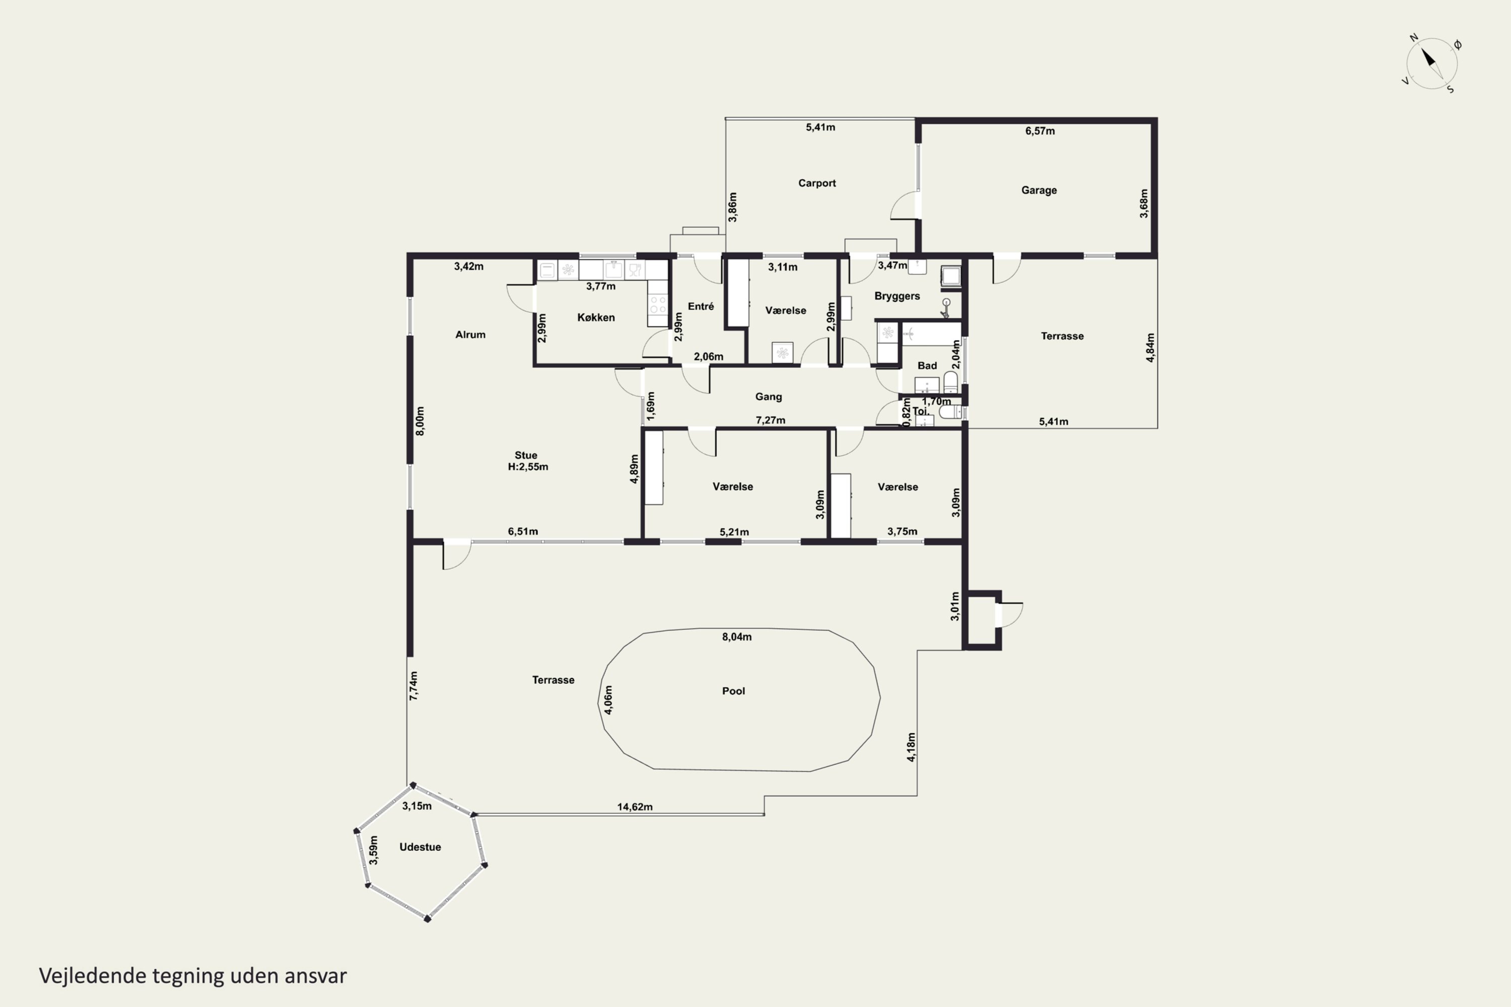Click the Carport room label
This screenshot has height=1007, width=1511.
[x=816, y=183]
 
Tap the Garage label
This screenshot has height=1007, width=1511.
[x=1039, y=190]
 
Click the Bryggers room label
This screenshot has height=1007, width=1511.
[x=897, y=296]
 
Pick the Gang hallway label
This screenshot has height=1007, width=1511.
[x=769, y=397]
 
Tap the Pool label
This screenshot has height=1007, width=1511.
[x=733, y=691]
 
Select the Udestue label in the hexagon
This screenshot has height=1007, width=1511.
[x=420, y=847]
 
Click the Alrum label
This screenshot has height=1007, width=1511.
[x=470, y=335]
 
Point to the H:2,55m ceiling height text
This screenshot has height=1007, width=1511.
[x=528, y=467]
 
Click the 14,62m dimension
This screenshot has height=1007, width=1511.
[x=635, y=807]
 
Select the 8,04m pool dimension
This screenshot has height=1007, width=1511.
[x=736, y=637]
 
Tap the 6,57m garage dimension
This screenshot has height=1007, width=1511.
[x=1040, y=131]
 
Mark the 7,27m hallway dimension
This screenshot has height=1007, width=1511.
[x=770, y=420]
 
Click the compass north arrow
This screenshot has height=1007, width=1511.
[x=1429, y=58]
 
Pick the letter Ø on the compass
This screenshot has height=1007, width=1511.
[x=1458, y=44]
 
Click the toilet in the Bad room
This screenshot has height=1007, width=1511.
[x=950, y=382]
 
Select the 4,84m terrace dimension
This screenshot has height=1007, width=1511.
[x=1150, y=347]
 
